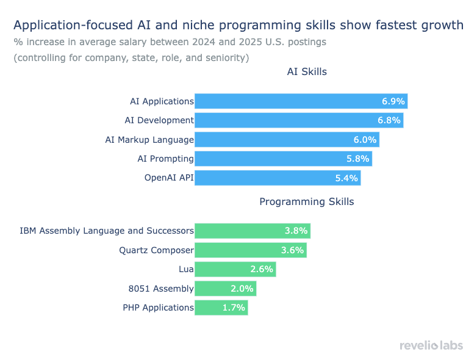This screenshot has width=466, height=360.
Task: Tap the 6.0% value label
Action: [x=365, y=140]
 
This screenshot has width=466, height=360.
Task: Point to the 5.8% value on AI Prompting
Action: [x=357, y=159]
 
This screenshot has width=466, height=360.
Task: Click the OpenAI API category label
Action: [x=169, y=178]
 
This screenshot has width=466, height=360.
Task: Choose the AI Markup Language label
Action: [x=149, y=140]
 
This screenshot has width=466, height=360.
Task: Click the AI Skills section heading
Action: [x=307, y=72]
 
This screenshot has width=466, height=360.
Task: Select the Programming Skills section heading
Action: [x=307, y=201]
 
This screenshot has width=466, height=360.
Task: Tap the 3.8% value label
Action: [x=296, y=231]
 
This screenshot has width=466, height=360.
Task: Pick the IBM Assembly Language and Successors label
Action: [x=107, y=231]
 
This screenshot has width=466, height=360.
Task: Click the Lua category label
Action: [x=186, y=269]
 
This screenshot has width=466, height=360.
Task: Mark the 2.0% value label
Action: [x=242, y=289]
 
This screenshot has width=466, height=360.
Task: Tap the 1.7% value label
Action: [x=234, y=308]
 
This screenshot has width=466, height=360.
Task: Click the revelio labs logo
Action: [x=431, y=345]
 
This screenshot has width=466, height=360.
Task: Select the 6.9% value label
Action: [x=393, y=101]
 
